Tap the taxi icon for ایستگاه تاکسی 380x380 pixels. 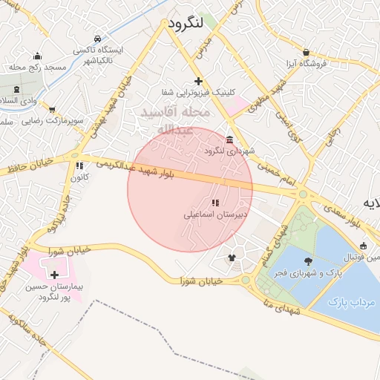click(98, 39)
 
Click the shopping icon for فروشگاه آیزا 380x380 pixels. click(306, 53)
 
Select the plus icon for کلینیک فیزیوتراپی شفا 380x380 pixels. click(197, 81)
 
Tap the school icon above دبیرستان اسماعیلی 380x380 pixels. click(215, 203)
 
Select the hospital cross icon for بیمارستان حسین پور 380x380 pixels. click(54, 275)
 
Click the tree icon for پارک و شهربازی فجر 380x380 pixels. click(308, 261)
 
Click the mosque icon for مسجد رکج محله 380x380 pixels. click(37, 56)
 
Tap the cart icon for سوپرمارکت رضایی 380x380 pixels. click(52, 109)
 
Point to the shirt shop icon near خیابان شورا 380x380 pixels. click(232, 258)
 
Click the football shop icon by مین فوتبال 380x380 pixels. click(363, 246)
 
